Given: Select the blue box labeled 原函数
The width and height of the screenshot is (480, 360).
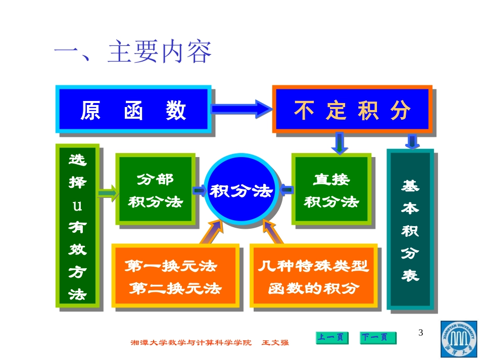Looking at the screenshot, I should [x=133, y=110].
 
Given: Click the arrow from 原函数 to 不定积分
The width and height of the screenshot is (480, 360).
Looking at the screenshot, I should [x=242, y=108].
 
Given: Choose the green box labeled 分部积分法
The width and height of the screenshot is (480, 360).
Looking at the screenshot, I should [x=155, y=190].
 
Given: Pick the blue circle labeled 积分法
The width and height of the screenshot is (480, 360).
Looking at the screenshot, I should [x=242, y=191].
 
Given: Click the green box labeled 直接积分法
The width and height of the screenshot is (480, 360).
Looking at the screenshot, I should [x=331, y=190].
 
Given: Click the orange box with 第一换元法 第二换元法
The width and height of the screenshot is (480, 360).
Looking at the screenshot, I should [x=175, y=276].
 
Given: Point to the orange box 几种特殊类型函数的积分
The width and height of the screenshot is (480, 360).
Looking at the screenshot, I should [x=314, y=276].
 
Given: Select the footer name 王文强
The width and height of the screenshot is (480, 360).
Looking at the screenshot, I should [x=275, y=343].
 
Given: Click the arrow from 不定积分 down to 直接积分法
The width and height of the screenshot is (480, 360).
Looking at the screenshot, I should [x=339, y=143].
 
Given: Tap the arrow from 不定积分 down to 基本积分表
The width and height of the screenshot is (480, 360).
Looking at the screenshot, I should [x=412, y=141].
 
